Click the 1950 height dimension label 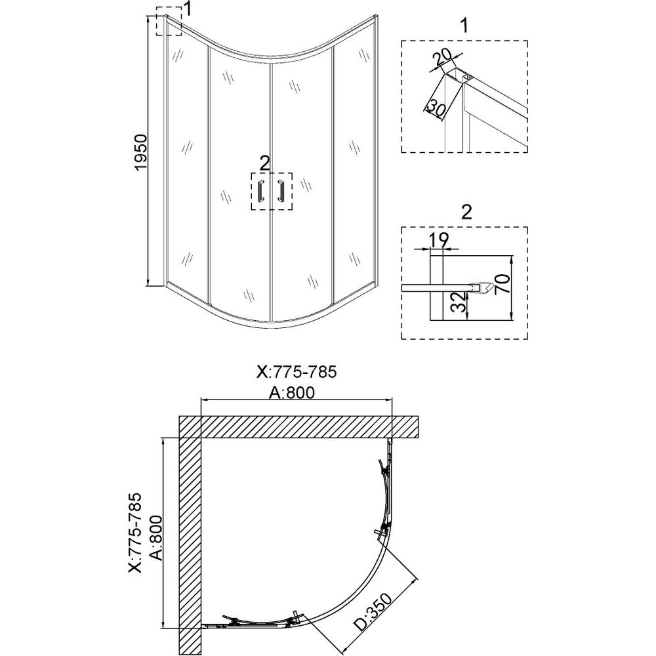point(141,152)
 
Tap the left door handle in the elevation point(261,192)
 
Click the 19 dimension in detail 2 point(439,239)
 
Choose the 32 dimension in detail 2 point(460,302)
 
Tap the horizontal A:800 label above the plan point(292,392)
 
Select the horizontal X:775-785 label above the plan point(297,371)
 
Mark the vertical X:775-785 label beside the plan point(136,533)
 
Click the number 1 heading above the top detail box point(464,26)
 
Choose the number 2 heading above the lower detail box point(466,213)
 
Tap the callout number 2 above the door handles point(265,163)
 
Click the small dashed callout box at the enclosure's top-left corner point(169,21)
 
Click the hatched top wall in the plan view point(298,427)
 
